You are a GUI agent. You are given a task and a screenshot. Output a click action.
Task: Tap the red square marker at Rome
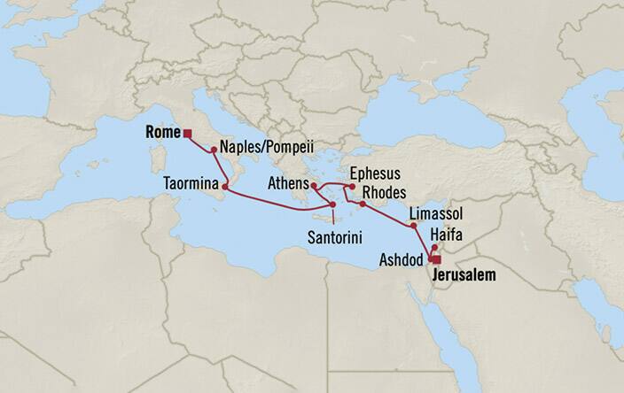pyautogui.click(x=187, y=135)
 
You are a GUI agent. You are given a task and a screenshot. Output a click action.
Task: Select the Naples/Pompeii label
pyautogui.click(x=267, y=149)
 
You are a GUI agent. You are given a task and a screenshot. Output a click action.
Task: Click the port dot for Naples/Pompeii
pyautogui.click(x=214, y=150)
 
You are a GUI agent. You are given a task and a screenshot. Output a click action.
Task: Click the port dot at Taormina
pyautogui.click(x=225, y=187)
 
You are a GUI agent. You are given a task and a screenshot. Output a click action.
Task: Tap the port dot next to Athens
pyautogui.click(x=314, y=186)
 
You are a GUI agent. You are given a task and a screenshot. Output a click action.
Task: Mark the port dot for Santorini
pyautogui.click(x=332, y=205)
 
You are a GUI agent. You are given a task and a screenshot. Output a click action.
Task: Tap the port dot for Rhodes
pyautogui.click(x=362, y=204)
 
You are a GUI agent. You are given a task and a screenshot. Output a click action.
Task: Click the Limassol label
pyautogui.click(x=435, y=215)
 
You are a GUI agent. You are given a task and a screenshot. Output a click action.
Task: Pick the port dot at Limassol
pyautogui.click(x=414, y=226)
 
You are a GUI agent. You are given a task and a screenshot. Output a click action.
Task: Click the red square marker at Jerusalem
pyautogui.click(x=433, y=260)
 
